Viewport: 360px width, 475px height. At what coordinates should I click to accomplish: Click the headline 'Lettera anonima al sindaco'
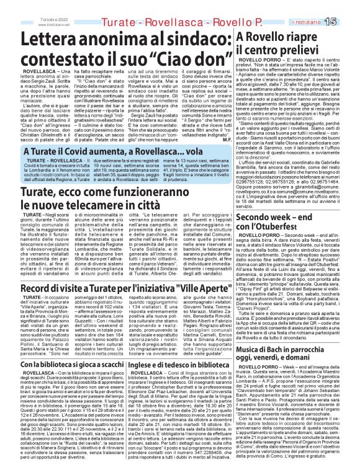[x=118, y=42]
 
